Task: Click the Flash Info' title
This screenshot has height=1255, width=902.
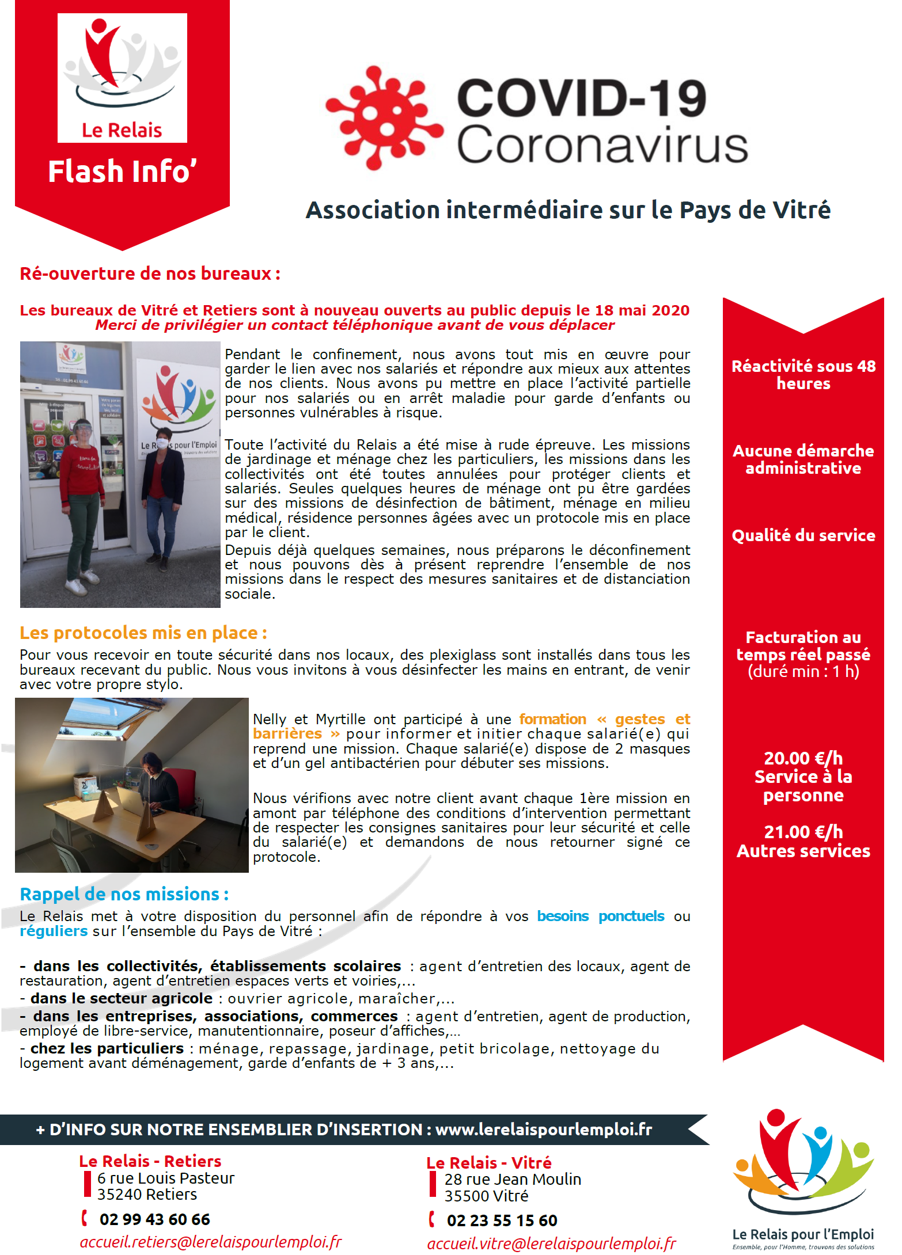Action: click(x=122, y=172)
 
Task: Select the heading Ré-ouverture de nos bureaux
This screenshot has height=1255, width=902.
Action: click(x=150, y=273)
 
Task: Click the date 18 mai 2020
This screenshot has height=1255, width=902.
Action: click(x=642, y=310)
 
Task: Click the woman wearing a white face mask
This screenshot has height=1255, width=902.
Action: click(x=164, y=495)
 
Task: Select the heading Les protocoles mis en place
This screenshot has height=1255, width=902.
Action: click(x=143, y=633)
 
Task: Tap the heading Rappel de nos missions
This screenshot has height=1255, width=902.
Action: click(x=124, y=894)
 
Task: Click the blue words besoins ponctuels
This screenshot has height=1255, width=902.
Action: click(x=600, y=916)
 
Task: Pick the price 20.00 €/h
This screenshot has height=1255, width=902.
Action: click(x=803, y=758)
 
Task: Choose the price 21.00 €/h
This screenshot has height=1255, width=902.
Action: click(x=803, y=832)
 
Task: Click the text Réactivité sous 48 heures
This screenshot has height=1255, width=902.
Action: click(x=803, y=375)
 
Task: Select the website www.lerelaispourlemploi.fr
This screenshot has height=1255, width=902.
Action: click(x=543, y=1129)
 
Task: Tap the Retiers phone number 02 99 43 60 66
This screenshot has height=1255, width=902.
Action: click(x=154, y=1219)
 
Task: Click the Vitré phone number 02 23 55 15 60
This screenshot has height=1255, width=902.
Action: click(x=502, y=1220)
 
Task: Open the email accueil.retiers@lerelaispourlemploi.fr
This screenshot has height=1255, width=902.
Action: click(x=211, y=1242)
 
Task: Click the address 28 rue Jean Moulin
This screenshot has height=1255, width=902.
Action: click(x=513, y=1180)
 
